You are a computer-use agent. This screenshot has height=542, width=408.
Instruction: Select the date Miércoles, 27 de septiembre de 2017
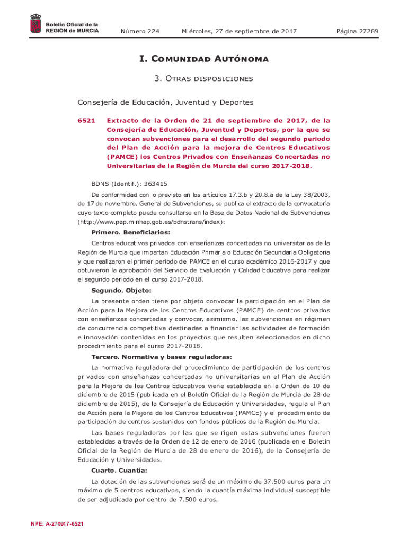pyautogui.click(x=239, y=32)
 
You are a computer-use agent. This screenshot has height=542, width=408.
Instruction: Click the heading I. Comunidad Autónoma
pyautogui.click(x=204, y=59)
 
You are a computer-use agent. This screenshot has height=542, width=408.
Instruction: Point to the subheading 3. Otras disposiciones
pyautogui.click(x=204, y=79)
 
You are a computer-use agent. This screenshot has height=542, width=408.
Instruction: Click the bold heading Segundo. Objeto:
pyautogui.click(x=121, y=290)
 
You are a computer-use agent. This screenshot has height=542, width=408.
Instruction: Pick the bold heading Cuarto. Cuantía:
pyautogui.click(x=119, y=470)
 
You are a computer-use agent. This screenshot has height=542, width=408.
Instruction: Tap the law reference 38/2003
pyautogui.click(x=315, y=194)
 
